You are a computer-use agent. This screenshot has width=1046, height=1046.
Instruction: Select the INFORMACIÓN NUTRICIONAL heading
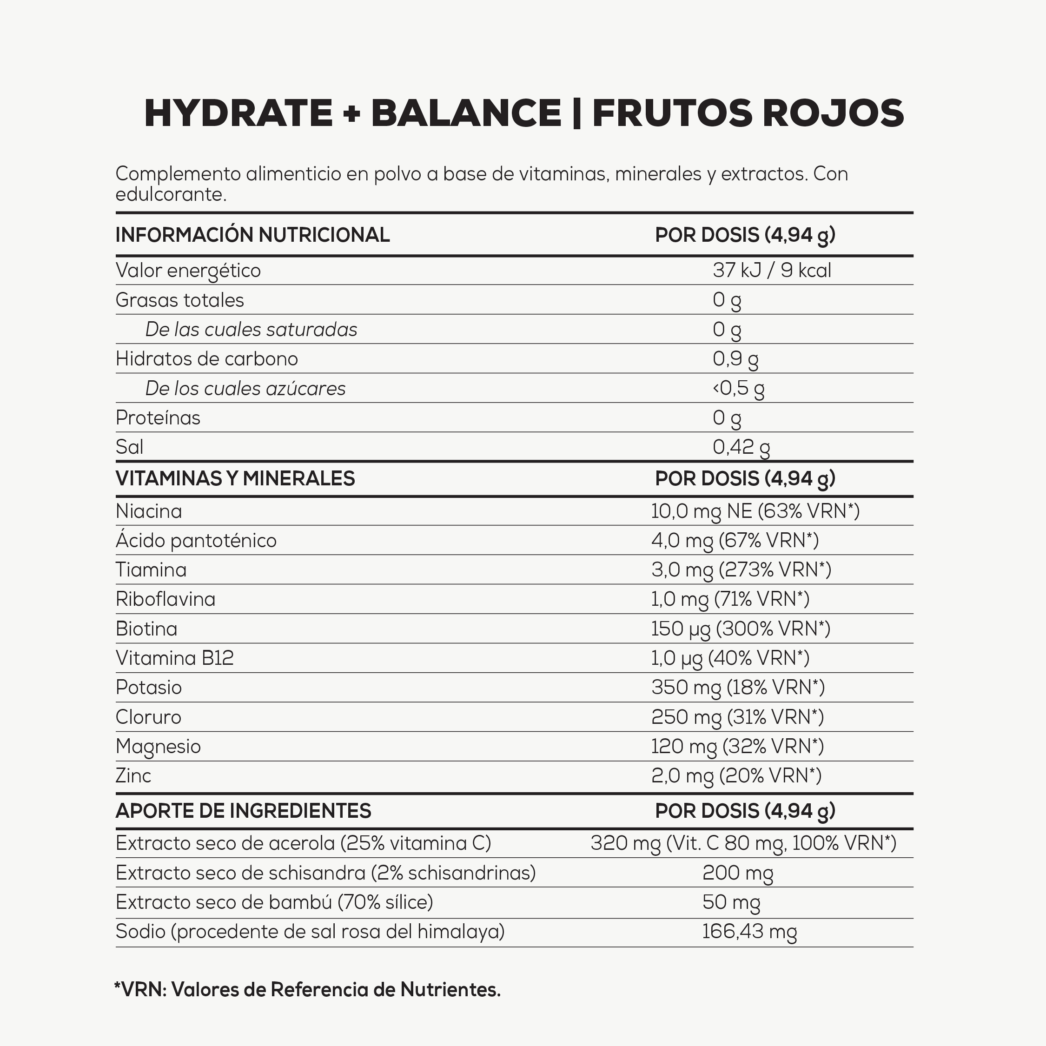252,235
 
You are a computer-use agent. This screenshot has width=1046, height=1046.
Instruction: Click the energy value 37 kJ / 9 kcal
772,270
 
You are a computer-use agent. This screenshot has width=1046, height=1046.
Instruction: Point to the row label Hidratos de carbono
206,359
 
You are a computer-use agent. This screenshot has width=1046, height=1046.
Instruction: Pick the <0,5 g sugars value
739,388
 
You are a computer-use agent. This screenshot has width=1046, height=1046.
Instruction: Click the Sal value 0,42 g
741,447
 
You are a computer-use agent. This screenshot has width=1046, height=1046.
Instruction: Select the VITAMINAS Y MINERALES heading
235,479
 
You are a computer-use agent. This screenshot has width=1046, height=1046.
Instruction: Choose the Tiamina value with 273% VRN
741,569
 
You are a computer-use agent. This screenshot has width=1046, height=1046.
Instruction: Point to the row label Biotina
146,629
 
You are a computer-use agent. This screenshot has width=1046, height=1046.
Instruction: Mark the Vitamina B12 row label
174,658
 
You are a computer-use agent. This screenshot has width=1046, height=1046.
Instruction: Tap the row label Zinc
133,775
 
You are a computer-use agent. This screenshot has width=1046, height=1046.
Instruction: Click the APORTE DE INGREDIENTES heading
243,810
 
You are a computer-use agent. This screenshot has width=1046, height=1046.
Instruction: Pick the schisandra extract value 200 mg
737,873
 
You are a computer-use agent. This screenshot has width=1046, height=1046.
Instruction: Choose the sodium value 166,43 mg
749,931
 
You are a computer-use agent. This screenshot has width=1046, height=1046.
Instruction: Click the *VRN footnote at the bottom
307,990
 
